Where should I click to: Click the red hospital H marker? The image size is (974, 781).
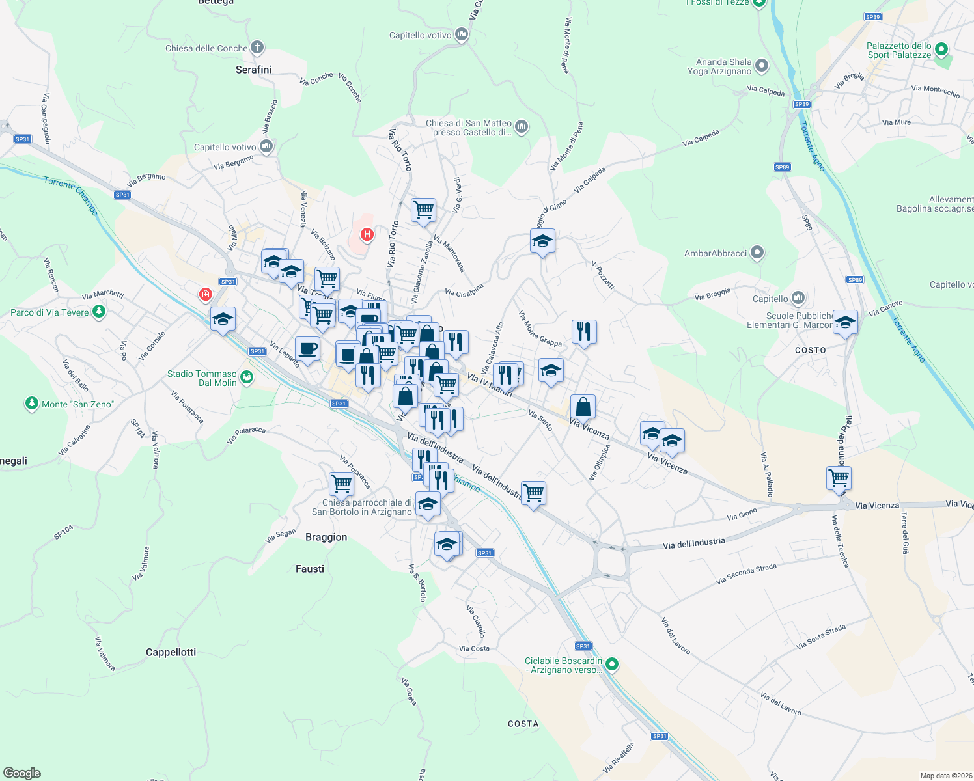[367, 234]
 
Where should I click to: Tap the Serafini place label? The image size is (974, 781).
[253, 70]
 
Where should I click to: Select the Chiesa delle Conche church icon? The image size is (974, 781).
[257, 48]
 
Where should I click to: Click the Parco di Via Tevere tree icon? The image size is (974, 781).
[99, 312]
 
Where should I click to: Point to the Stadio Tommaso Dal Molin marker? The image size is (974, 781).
[246, 377]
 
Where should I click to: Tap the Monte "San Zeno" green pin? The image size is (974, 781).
[31, 404]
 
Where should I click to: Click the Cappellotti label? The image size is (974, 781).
[171, 652]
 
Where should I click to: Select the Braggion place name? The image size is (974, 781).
[326, 537]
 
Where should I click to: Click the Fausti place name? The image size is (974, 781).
[310, 569]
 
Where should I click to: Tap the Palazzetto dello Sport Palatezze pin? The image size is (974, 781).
[941, 49]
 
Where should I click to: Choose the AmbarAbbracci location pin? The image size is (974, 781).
[757, 253]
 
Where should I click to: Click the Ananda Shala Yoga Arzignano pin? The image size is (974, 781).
[762, 66]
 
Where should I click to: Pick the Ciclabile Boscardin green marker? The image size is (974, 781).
[611, 665]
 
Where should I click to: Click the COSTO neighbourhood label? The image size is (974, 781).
[810, 350]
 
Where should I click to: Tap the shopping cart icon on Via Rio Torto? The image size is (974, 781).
[423, 210]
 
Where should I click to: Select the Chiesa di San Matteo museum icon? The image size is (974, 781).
[522, 126]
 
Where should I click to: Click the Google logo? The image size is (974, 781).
[21, 773]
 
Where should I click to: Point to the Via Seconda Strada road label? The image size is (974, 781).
[746, 574]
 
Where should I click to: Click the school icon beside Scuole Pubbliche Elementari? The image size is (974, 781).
[845, 322]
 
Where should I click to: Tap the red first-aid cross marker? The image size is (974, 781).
[206, 295]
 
